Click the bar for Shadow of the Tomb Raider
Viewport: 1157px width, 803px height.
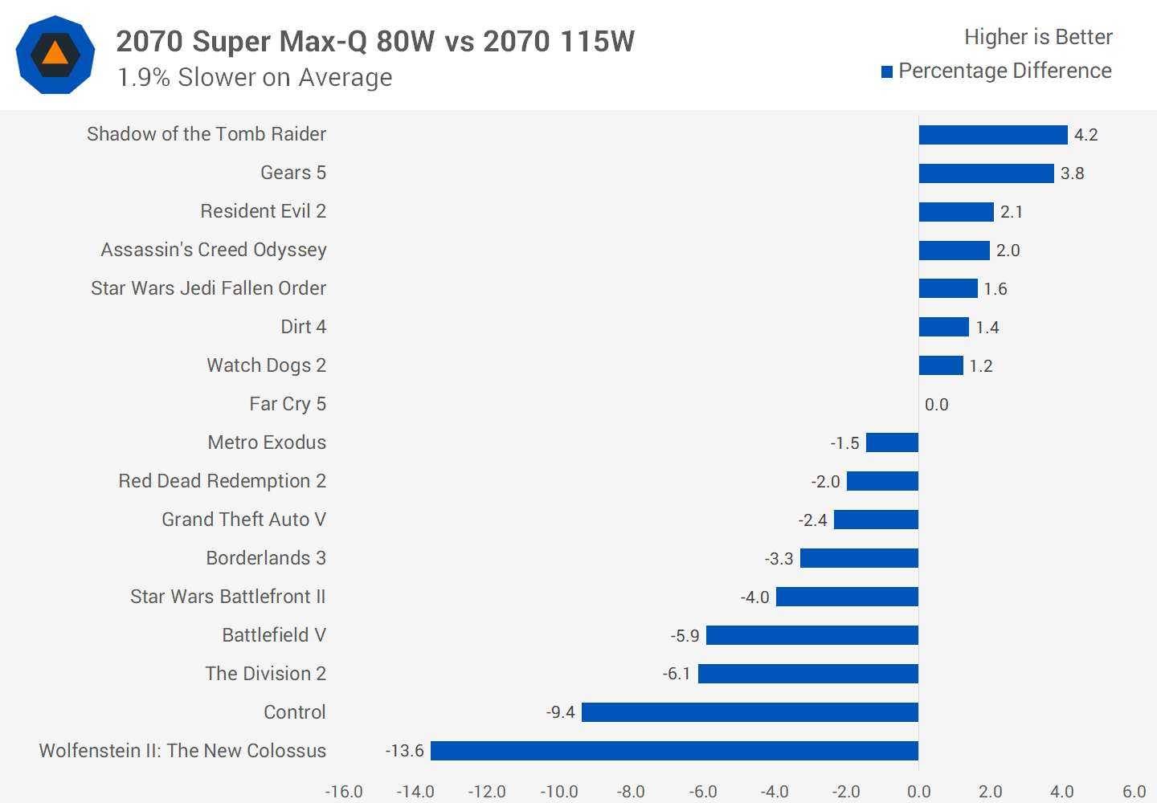click(x=993, y=135)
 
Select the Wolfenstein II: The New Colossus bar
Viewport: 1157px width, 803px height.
click(x=674, y=751)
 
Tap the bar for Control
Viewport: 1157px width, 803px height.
click(x=750, y=712)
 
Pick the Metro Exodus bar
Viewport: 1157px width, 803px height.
click(x=892, y=442)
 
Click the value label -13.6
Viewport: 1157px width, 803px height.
click(x=404, y=751)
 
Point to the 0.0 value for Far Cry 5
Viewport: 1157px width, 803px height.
click(x=936, y=405)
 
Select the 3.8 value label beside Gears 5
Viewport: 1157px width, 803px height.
click(x=1072, y=173)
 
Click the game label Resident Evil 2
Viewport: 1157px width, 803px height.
click(x=263, y=211)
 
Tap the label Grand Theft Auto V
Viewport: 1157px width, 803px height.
click(x=243, y=520)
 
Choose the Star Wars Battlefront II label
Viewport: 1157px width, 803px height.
click(x=227, y=597)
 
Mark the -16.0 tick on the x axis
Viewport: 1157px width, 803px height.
click(x=344, y=792)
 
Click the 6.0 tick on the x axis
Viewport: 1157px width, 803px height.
click(x=1134, y=792)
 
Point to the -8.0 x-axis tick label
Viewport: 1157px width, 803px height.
click(x=631, y=792)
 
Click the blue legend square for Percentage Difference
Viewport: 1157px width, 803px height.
click(x=887, y=72)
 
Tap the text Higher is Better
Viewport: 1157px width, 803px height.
click(x=1038, y=37)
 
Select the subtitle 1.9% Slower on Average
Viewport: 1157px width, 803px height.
click(x=255, y=78)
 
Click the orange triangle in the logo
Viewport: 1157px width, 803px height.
click(x=55, y=54)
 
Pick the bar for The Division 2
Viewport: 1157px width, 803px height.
click(x=808, y=674)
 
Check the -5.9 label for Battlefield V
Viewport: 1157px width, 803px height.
click(x=685, y=636)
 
